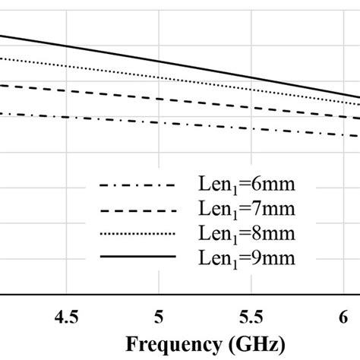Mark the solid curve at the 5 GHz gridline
[159, 62]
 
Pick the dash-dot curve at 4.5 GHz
[67, 117]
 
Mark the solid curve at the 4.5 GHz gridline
[67, 46]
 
